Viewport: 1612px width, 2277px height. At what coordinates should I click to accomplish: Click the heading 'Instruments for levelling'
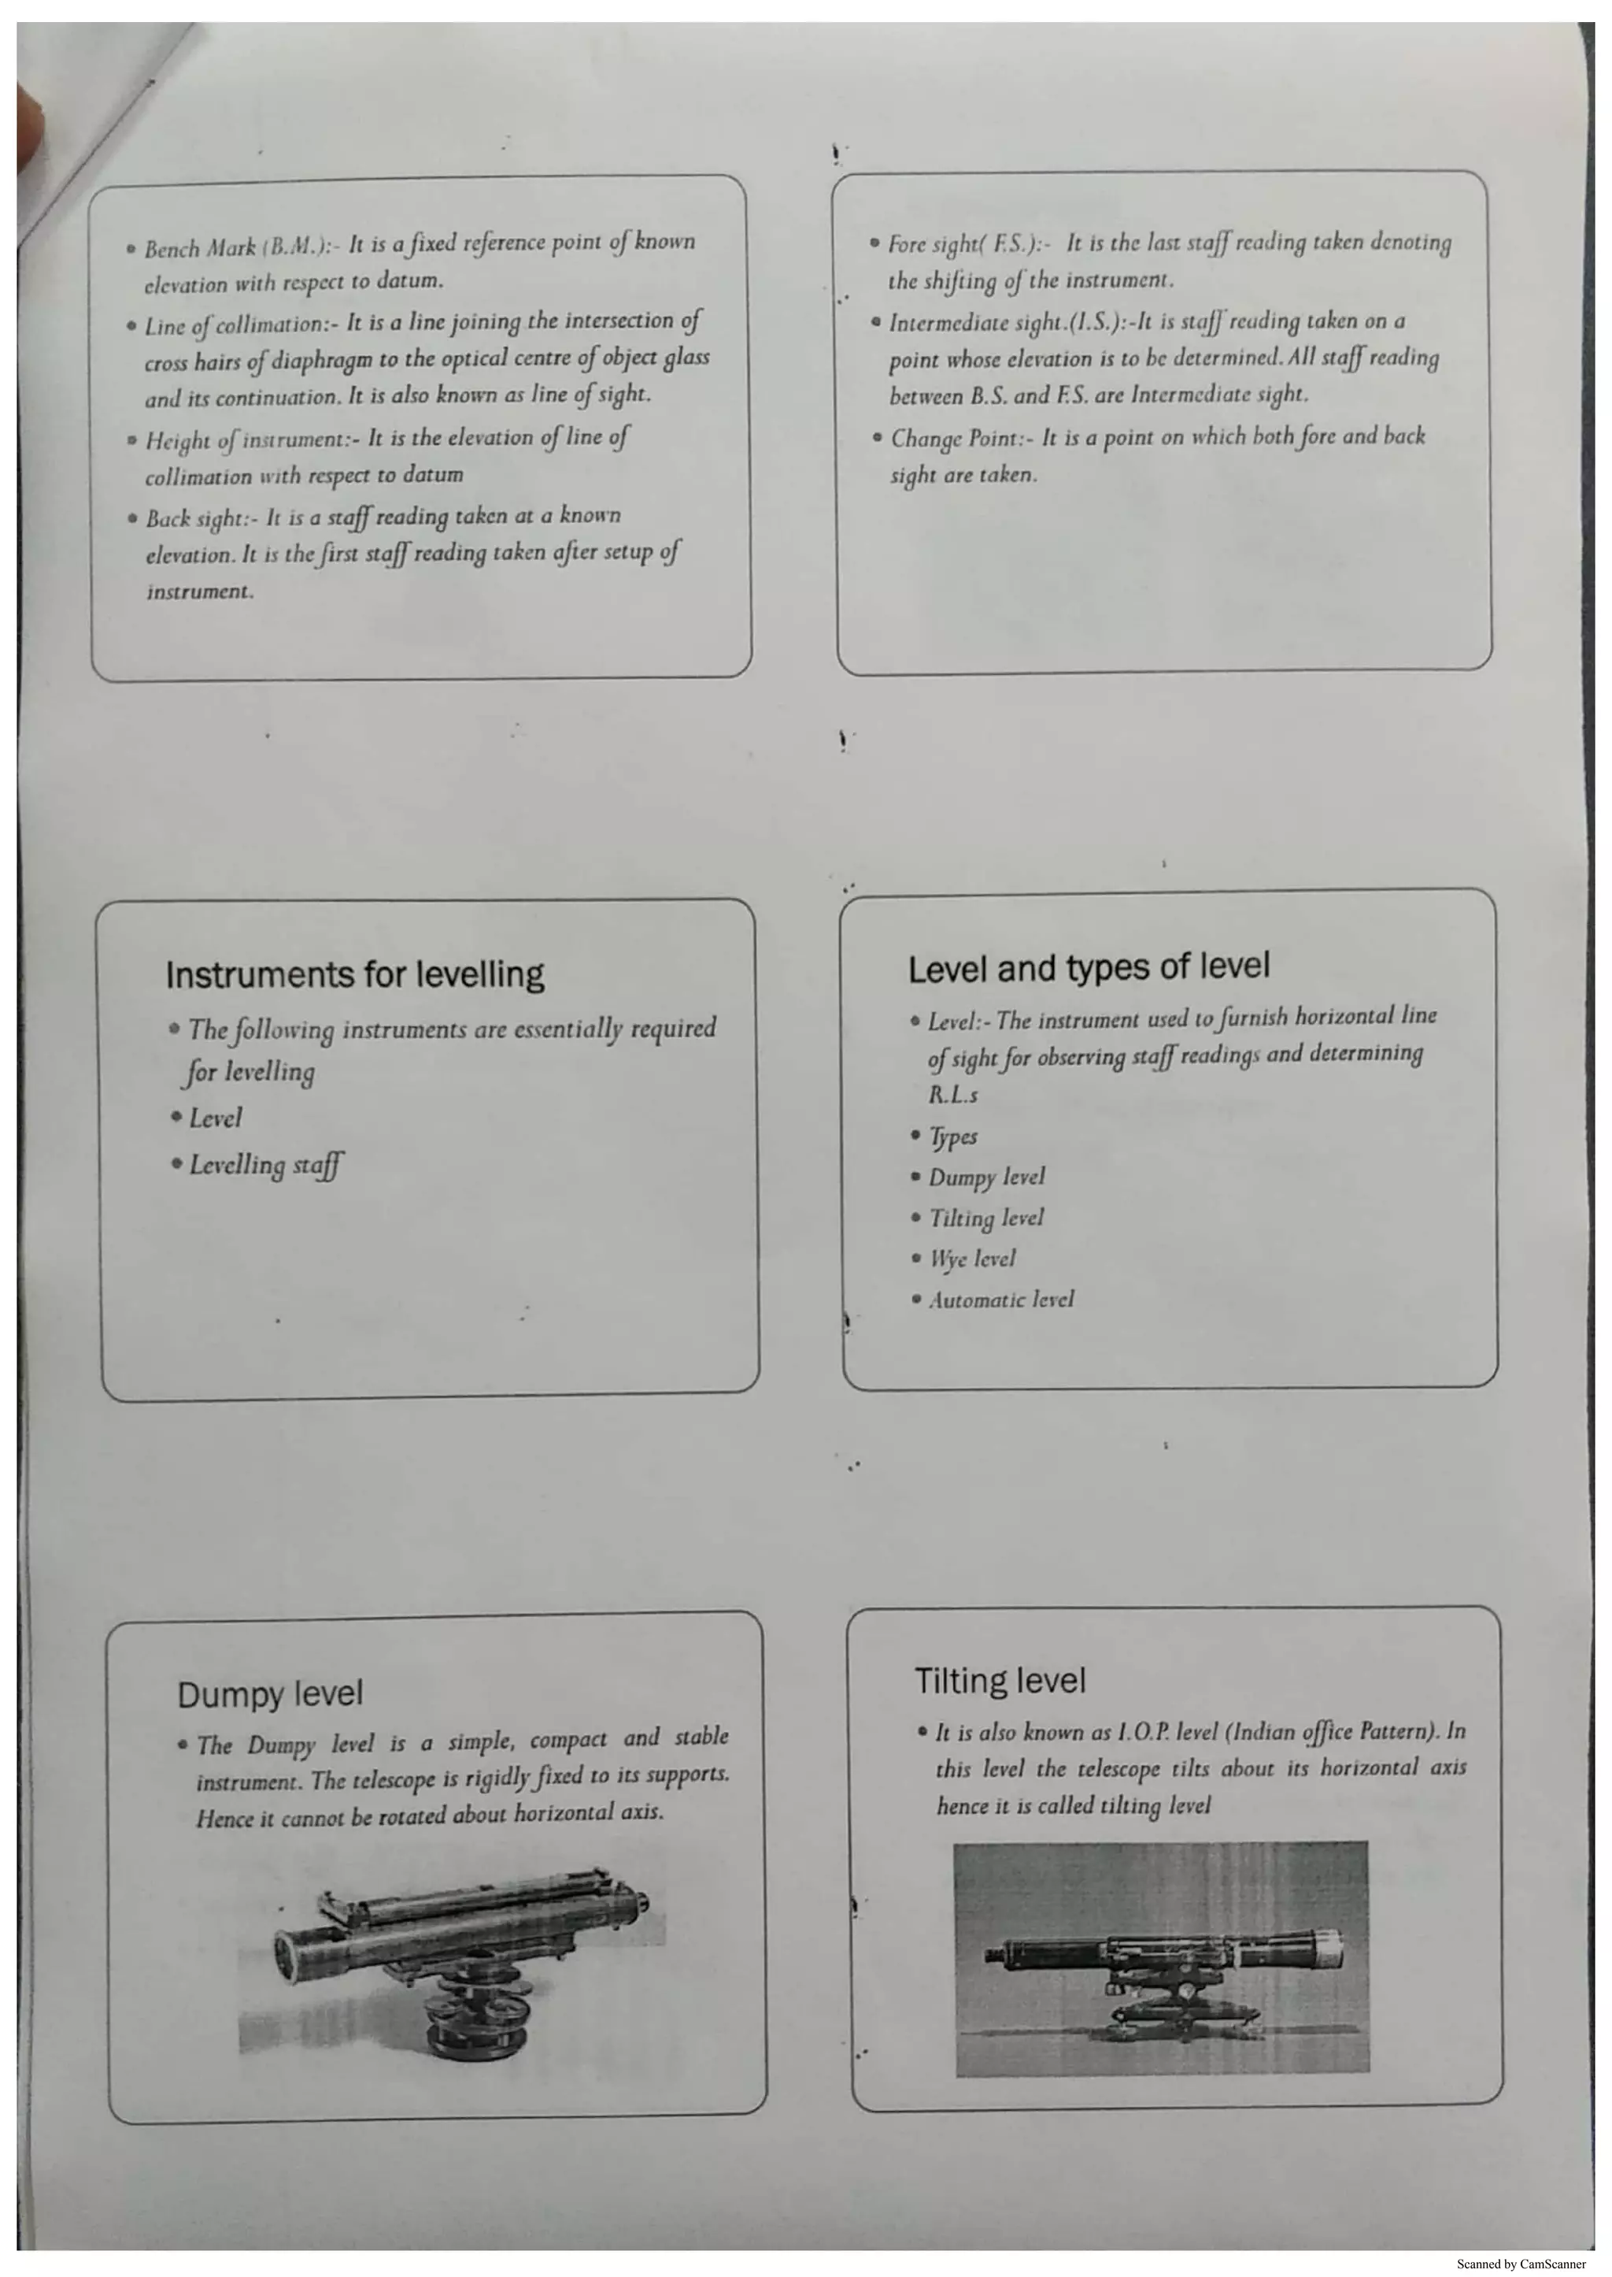point(354,974)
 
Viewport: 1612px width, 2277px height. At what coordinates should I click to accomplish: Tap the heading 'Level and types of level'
point(1088,967)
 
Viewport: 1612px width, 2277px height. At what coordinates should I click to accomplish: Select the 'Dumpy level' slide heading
point(269,1693)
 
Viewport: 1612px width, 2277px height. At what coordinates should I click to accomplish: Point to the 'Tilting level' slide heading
point(999,1680)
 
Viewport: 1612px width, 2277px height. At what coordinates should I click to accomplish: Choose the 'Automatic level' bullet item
point(1000,1299)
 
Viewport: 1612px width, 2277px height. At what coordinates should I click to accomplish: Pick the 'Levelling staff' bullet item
point(266,1165)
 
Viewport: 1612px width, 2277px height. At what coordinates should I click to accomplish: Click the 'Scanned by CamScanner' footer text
point(1520,2263)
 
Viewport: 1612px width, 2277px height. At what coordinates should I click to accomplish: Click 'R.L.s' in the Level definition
point(953,1096)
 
